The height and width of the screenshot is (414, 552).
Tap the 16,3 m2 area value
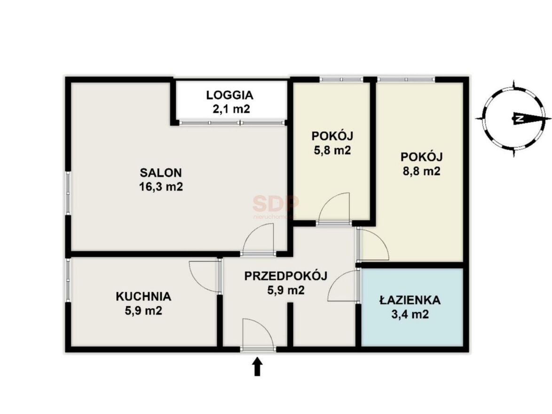[161, 186]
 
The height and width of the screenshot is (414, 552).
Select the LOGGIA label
[229, 95]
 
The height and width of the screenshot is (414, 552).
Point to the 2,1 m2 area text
[231, 109]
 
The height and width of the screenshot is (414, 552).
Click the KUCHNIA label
[143, 297]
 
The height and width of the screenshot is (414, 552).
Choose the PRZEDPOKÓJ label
[286, 276]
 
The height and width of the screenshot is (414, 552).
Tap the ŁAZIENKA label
[410, 300]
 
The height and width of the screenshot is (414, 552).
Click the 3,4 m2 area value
[410, 314]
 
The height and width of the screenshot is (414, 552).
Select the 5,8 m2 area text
[332, 151]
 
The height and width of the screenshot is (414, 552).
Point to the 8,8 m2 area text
[421, 172]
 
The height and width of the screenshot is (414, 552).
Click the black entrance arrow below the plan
[258, 367]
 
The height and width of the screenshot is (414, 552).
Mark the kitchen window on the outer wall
[68, 280]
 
